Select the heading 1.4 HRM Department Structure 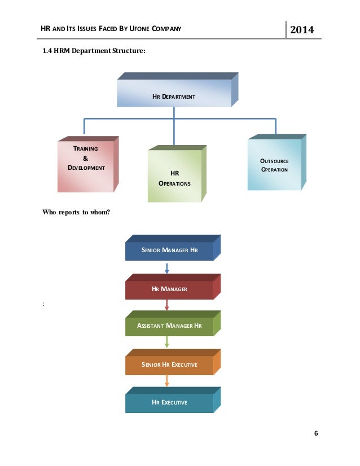coord(94,52)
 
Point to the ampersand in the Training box coord(86,159)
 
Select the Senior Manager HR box coord(170,249)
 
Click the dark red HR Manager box coord(170,289)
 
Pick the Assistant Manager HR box coord(170,326)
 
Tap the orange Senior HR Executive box coord(170,365)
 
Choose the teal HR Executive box coord(170,402)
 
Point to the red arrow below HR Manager coord(167,305)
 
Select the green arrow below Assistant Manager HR coord(167,342)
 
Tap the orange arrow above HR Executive coord(167,381)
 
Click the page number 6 coord(315,433)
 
